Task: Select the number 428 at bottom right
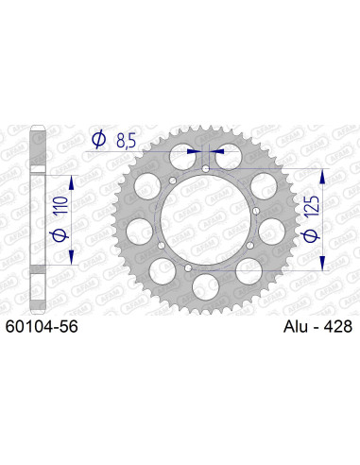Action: (334, 326)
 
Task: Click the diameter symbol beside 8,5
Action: (99, 142)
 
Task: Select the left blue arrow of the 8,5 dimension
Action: (192, 149)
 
